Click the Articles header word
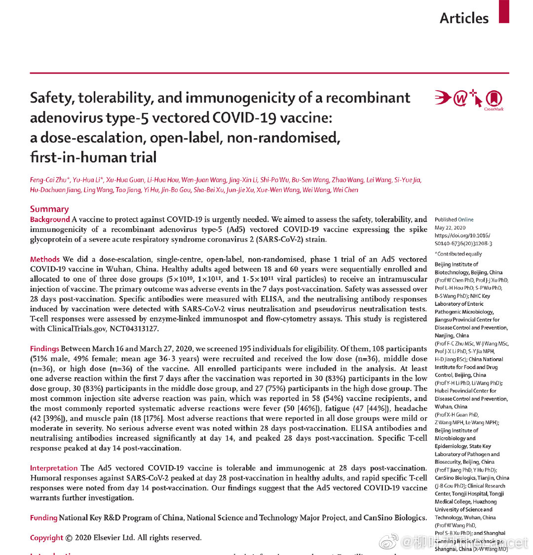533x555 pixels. pyautogui.click(x=464, y=18)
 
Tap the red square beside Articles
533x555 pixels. pyautogui.click(x=503, y=11)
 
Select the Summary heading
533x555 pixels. pyautogui.click(x=49, y=209)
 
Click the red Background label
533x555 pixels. pyautogui.click(x=50, y=220)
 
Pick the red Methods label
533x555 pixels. pyautogui.click(x=45, y=259)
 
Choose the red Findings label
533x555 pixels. pyautogui.click(x=44, y=349)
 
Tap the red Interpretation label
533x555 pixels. pyautogui.click(x=54, y=468)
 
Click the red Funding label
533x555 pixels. pyautogui.click(x=43, y=518)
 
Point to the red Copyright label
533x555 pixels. pyautogui.click(x=46, y=538)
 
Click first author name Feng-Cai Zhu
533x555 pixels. pyautogui.click(x=49, y=180)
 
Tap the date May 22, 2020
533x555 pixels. pyautogui.click(x=450, y=228)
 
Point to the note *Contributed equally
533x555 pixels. pyautogui.click(x=458, y=254)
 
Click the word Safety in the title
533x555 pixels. pyautogui.click(x=53, y=98)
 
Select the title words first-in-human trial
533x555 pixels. pyautogui.click(x=93, y=157)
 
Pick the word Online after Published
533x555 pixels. pyautogui.click(x=465, y=220)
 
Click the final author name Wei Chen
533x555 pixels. pyautogui.click(x=345, y=190)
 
